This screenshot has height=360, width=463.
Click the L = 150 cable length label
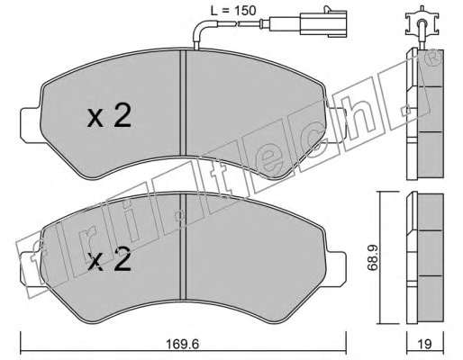click(x=233, y=11)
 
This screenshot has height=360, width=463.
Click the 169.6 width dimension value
click(x=183, y=344)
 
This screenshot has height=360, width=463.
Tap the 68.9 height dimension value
click(x=372, y=257)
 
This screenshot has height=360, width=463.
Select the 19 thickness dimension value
click(x=424, y=344)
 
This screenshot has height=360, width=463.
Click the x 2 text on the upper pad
click(x=109, y=117)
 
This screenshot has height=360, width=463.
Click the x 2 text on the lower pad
click(x=109, y=260)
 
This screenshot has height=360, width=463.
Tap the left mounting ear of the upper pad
click(x=30, y=125)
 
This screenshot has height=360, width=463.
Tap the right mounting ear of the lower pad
click(x=336, y=269)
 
